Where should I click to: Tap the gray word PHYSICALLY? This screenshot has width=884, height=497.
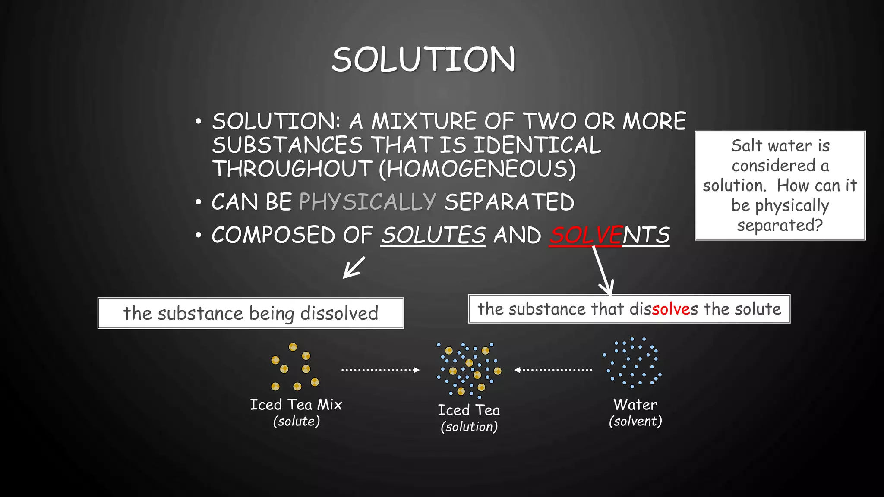[x=367, y=201]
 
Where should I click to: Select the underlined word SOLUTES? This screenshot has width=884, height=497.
[x=433, y=236]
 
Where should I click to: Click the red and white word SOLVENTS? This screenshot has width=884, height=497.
[x=609, y=236]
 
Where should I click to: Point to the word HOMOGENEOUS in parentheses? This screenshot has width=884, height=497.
[x=477, y=169]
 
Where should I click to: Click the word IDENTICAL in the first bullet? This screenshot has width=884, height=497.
[x=537, y=145]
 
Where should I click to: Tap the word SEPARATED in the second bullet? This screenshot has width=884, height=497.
[x=509, y=201]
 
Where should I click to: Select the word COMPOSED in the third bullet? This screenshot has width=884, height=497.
[x=274, y=236]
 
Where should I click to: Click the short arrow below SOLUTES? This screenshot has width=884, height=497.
[x=354, y=267]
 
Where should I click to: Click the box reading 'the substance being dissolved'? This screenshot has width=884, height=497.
[x=250, y=313]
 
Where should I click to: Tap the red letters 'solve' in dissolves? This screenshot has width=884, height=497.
[x=671, y=309]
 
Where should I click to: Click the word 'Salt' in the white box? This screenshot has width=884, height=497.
[x=746, y=146]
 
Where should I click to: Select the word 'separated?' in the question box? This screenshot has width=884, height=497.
[x=780, y=225]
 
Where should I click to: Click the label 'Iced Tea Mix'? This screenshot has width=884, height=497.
[x=296, y=405]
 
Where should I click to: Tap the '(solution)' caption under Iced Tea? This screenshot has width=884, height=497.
[x=469, y=427]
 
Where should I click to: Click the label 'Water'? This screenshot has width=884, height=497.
[x=635, y=405]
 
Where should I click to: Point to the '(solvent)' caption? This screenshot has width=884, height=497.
[x=635, y=421]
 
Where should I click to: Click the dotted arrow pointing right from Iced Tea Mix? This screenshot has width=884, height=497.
[x=380, y=370]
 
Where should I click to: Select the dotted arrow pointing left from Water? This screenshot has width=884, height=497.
[x=553, y=370]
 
